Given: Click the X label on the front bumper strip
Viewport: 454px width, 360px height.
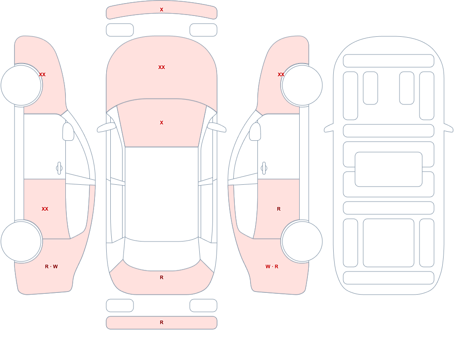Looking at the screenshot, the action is coord(162,10).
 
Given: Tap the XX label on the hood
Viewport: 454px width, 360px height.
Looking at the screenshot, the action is coord(162,67).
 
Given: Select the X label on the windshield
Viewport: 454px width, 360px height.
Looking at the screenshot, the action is coord(162,123).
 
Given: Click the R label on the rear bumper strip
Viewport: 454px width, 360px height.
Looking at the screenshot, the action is coord(162,322).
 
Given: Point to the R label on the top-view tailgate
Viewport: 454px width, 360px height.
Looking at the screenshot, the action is coord(162,277).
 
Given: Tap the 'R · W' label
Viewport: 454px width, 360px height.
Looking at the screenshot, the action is coord(51,266).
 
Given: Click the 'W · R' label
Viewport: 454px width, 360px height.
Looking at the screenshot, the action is coord(272,266).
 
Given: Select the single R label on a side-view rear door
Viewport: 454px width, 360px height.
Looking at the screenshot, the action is coord(279,209).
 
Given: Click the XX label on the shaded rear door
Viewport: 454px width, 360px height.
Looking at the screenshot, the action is coord(45,209).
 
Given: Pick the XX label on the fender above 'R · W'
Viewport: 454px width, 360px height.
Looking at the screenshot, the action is coord(42,74).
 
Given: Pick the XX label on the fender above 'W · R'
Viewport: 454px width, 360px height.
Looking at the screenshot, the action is coord(281,74).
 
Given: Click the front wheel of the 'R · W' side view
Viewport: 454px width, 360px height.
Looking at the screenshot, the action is coord(21,85).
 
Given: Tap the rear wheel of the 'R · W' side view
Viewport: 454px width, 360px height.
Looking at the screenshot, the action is coord(21,241).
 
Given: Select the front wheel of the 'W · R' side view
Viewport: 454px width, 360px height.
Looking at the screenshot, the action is coord(302,85).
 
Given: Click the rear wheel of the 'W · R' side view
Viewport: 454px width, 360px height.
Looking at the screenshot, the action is coord(302,241).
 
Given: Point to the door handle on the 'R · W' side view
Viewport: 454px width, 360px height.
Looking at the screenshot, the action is coord(59,168).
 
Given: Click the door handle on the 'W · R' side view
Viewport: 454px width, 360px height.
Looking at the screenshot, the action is coord(264,168).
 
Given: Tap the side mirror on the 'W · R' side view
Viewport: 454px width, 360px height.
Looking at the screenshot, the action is coord(255,132).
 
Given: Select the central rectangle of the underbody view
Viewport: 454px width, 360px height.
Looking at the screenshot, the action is coord(389,169).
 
